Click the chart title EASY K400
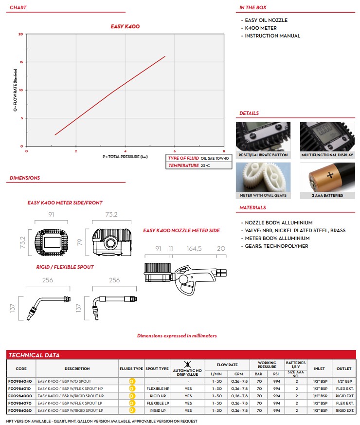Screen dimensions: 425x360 pyautogui.click(x=125, y=26)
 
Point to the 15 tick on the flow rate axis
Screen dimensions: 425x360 pyautogui.click(x=21, y=62)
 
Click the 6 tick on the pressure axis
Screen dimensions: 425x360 pyautogui.click(x=175, y=151)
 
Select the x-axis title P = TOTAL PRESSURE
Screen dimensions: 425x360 pyautogui.click(x=125, y=157)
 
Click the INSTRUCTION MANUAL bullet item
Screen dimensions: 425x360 pyautogui.click(x=272, y=36)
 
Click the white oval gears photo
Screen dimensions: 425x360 pyautogui.click(x=263, y=177)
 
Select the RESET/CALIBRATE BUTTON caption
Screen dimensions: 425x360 pyautogui.click(x=263, y=155)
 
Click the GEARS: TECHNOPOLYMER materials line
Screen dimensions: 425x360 pyautogui.click(x=276, y=246)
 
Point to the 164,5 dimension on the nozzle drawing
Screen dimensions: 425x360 pyautogui.click(x=194, y=248)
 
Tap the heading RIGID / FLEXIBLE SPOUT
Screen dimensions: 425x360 pyautogui.click(x=65, y=267)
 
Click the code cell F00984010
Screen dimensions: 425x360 pyautogui.click(x=21, y=388)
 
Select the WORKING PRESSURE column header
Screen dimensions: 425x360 pyautogui.click(x=267, y=365)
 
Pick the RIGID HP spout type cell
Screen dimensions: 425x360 pyautogui.click(x=157, y=396)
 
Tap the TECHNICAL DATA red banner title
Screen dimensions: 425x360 pyautogui.click(x=34, y=355)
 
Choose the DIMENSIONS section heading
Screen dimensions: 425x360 pyautogui.click(x=25, y=178)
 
